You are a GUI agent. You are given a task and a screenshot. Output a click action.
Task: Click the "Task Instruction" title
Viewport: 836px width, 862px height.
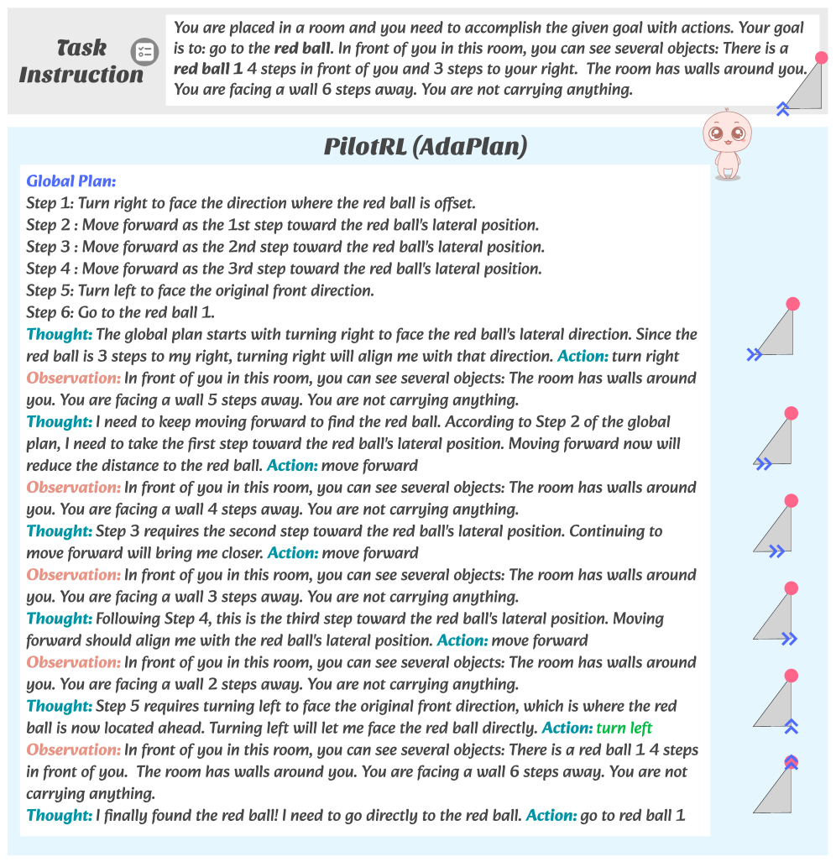(81, 60)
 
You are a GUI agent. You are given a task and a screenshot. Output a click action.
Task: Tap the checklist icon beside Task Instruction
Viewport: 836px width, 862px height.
(144, 52)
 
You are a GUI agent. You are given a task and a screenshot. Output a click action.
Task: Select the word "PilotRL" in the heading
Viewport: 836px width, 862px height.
(366, 147)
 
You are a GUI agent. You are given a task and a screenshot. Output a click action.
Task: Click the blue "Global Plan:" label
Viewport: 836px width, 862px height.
(71, 180)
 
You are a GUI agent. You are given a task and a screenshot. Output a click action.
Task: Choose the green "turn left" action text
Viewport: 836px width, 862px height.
(624, 728)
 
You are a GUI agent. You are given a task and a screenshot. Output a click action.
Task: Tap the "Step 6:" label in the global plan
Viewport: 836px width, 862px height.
(50, 312)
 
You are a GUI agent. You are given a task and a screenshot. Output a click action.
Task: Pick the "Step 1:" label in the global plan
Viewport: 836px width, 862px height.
(50, 203)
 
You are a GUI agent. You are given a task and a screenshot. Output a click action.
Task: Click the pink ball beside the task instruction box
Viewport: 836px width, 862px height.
(822, 57)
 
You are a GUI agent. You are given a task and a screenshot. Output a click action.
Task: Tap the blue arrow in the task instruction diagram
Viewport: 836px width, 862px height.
(783, 108)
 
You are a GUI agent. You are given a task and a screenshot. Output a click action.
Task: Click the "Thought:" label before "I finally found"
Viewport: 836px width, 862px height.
(59, 815)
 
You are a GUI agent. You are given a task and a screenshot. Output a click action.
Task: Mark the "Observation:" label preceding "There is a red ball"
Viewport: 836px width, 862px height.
(73, 750)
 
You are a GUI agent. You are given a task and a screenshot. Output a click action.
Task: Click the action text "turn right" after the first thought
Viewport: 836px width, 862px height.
(647, 356)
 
